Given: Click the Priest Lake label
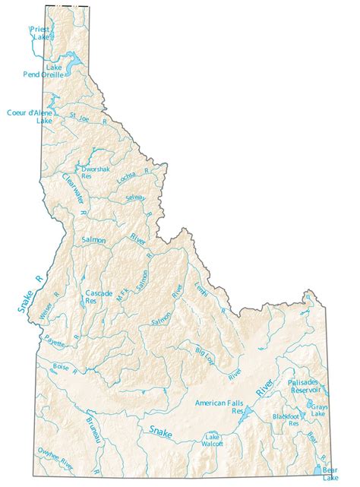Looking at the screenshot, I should [39, 32].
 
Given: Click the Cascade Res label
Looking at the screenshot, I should [99, 296].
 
